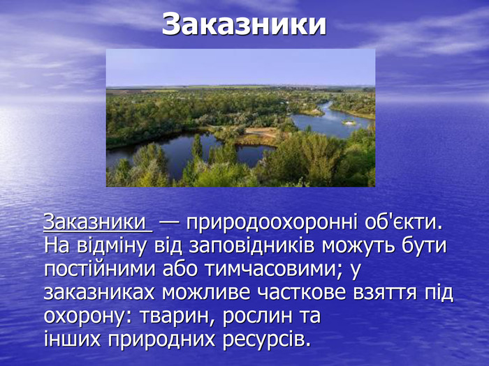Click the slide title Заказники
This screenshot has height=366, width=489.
point(244,24)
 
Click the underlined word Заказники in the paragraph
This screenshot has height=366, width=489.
point(94,222)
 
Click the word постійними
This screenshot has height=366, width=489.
point(99,269)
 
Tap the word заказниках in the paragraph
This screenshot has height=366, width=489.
point(99,293)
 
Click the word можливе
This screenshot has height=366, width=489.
point(206,293)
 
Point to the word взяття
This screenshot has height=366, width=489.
point(385,293)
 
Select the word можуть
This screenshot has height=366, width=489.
point(358,246)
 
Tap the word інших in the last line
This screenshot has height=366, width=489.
point(73,340)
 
